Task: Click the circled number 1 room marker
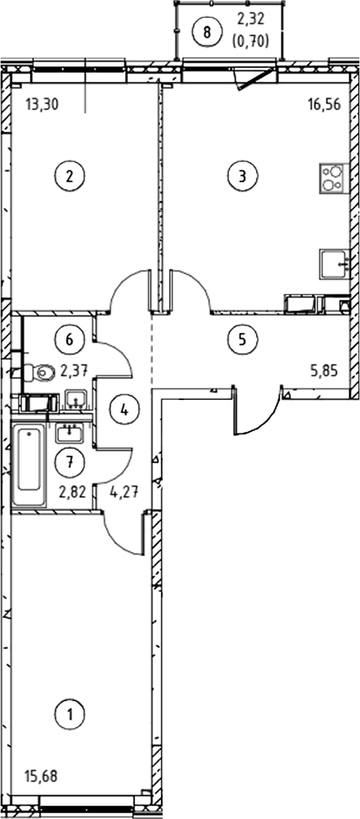click(70, 714)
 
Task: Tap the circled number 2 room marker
click(70, 176)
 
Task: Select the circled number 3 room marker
click(243, 176)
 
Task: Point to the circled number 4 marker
click(124, 410)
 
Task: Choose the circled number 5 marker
click(243, 339)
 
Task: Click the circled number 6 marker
click(70, 339)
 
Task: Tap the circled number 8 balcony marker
click(207, 32)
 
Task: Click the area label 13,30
click(42, 105)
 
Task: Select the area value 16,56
click(324, 105)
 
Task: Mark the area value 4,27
click(124, 493)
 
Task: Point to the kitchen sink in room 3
click(335, 263)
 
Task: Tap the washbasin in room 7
click(70, 433)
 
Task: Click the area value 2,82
click(73, 493)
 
